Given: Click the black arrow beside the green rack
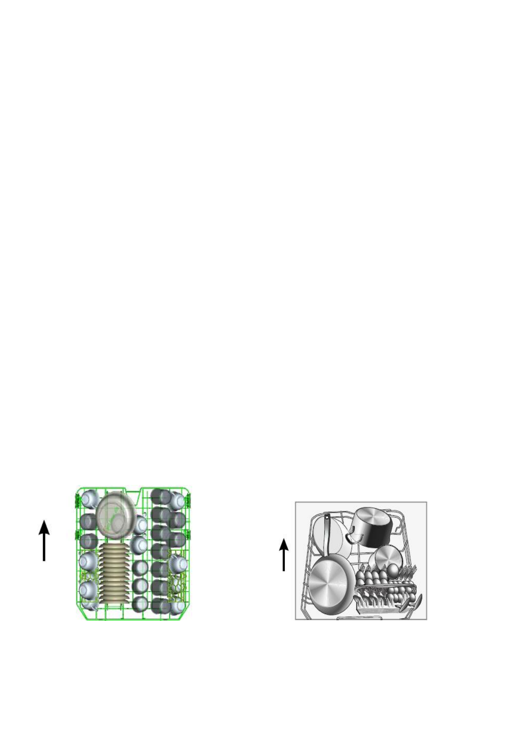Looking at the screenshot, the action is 44,540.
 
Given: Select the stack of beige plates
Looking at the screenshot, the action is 114,574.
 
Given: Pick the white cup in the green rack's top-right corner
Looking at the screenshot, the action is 178,499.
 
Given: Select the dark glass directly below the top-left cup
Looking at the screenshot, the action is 88,522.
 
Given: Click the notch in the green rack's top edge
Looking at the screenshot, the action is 133,490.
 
